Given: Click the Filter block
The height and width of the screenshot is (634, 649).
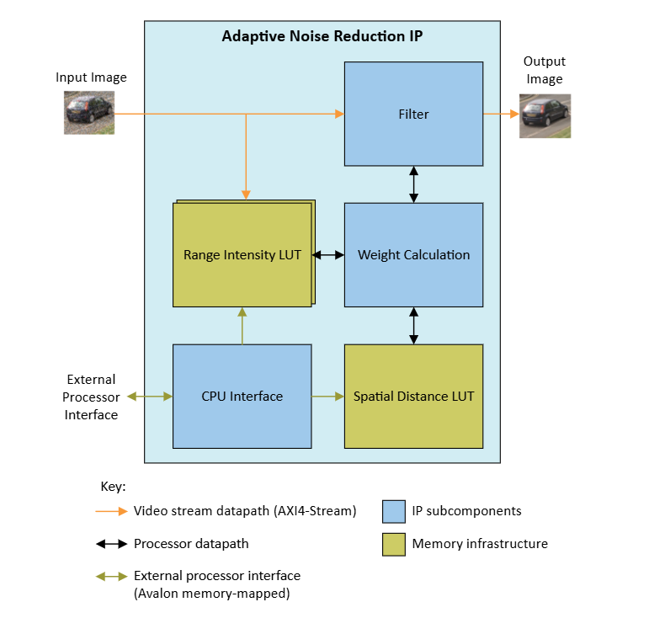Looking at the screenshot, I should point(413,114).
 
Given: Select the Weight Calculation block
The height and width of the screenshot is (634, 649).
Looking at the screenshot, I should point(413,254).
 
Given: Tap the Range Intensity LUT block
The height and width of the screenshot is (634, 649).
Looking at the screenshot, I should point(242,254).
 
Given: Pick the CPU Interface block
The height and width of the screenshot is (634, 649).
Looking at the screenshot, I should point(242,396).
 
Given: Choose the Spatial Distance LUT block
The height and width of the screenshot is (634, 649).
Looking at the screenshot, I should point(413,396).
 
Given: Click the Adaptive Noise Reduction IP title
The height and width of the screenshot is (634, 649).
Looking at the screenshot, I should point(322,36).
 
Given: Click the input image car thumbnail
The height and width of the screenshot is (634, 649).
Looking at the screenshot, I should point(89,113).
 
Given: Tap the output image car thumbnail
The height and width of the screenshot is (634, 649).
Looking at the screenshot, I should point(544,115).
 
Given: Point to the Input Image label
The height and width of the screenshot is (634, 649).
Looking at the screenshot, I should point(91,77).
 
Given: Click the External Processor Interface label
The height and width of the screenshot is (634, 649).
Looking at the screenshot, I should point(91,397).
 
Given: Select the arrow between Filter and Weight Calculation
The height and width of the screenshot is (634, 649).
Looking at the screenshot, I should point(413,184).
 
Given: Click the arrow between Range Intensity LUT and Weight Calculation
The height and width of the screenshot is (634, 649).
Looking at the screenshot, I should point(328,254).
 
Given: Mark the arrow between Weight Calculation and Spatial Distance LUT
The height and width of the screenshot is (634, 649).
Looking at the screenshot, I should point(413,325).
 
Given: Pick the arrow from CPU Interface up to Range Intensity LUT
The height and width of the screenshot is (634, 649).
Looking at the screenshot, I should point(242,326).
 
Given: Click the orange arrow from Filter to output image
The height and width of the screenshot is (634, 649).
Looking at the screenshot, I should point(501,114).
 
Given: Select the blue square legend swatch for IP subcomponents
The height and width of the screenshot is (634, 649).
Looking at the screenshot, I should point(393,511).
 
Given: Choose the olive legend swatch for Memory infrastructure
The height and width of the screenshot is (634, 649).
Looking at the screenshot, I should point(393,544).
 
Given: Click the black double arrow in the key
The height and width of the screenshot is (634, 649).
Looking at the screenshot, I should point(111,544).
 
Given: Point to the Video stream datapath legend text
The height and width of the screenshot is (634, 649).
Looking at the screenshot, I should point(245,511).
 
